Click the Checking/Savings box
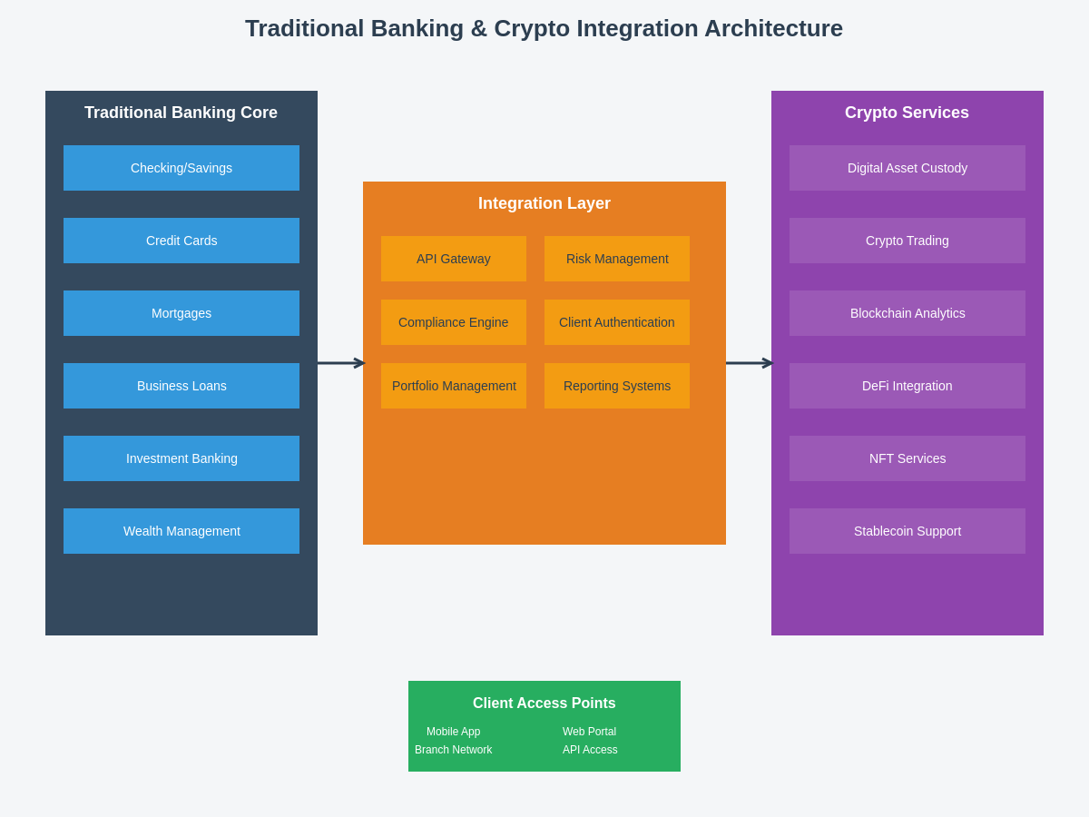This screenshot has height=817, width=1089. (x=181, y=168)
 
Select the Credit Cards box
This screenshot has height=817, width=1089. (x=181, y=241)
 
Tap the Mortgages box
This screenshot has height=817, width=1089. (x=181, y=313)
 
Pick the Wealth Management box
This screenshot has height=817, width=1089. (x=181, y=531)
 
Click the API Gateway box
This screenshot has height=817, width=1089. (x=454, y=259)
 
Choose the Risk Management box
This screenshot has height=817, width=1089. (x=617, y=259)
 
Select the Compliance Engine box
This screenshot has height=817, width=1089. (x=454, y=322)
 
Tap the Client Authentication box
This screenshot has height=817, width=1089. (x=617, y=322)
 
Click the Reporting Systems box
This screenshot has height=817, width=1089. (x=617, y=386)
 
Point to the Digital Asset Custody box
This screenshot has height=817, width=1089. (x=907, y=168)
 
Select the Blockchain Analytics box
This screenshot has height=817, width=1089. (x=907, y=313)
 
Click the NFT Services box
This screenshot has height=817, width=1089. (x=907, y=458)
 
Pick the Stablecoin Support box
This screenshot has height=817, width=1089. (x=907, y=531)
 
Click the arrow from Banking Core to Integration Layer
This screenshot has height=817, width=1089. (x=341, y=363)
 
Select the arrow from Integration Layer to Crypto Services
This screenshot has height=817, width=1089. (x=750, y=363)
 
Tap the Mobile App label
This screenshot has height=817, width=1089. (x=454, y=732)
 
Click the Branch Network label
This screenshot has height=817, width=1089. (x=454, y=750)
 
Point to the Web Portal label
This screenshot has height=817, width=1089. (x=589, y=732)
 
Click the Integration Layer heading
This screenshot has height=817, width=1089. (x=544, y=203)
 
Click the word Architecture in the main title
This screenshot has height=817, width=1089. (x=773, y=28)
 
